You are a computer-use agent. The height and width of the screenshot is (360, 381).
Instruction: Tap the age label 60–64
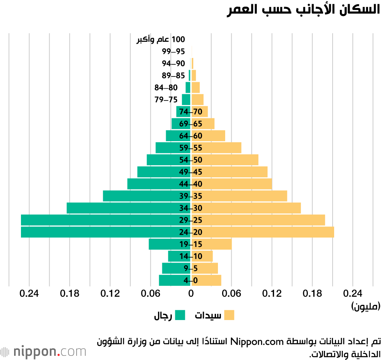(x=190, y=136)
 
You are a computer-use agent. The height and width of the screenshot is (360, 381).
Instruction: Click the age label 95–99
(x=173, y=51)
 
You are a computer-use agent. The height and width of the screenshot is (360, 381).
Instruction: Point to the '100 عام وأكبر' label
(x=160, y=39)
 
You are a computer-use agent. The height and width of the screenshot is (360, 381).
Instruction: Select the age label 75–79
(x=166, y=100)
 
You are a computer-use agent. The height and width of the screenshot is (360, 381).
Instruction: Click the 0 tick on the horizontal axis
(x=191, y=294)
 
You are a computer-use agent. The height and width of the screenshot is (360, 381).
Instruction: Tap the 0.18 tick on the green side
(x=70, y=294)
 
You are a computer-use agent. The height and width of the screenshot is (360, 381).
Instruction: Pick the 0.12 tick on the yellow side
(x=272, y=294)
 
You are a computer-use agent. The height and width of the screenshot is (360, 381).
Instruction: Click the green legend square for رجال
(x=180, y=315)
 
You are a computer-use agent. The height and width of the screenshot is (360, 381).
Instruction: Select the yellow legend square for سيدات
(x=229, y=315)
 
